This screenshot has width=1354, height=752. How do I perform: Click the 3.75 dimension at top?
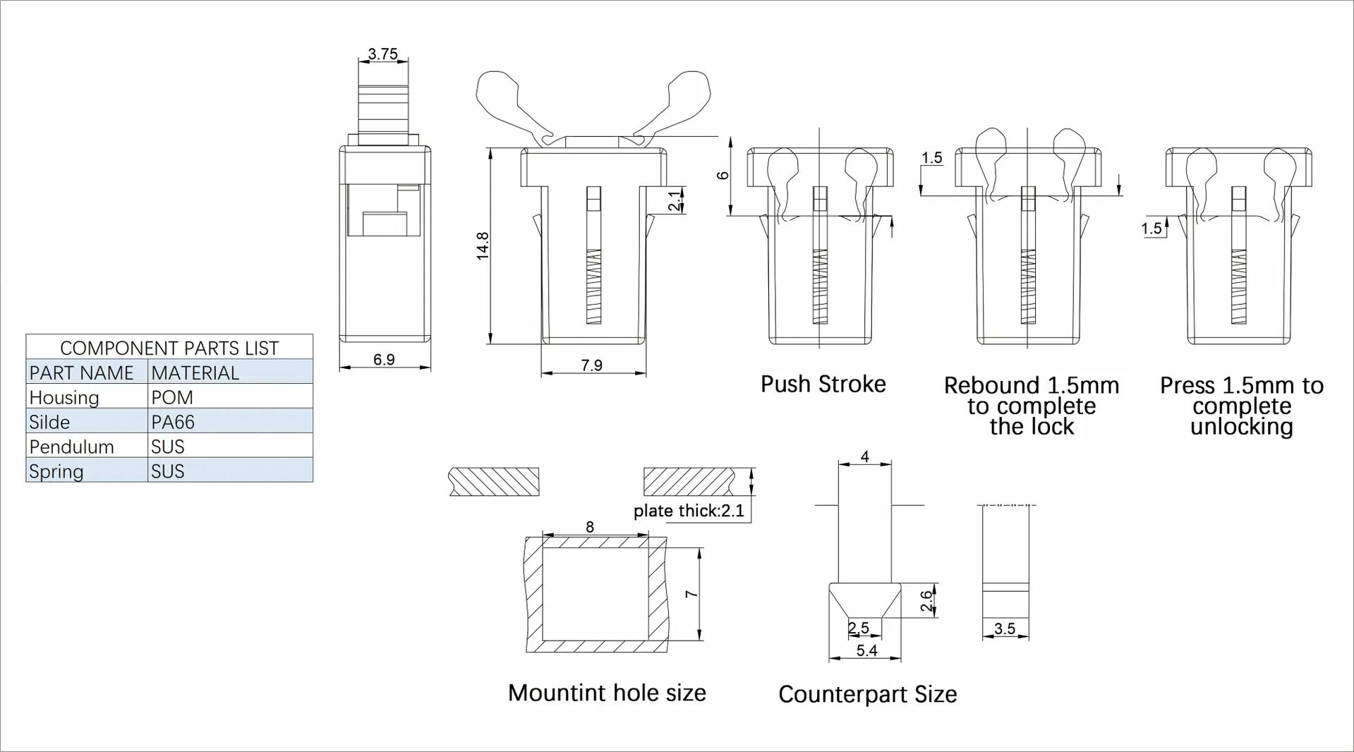click(383, 54)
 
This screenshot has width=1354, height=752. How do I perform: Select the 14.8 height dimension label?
click(483, 245)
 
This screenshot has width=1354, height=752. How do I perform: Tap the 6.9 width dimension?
click(384, 360)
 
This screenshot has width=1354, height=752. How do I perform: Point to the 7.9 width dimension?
click(591, 365)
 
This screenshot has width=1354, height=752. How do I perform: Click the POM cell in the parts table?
click(172, 397)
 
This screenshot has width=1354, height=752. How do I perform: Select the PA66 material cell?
click(173, 422)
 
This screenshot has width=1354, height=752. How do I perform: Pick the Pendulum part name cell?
click(72, 447)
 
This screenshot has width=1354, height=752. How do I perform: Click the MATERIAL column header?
click(195, 372)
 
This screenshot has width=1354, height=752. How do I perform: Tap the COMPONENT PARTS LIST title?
click(169, 348)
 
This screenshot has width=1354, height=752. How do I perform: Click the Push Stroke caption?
click(823, 384)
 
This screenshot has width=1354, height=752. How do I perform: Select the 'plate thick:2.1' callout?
click(689, 511)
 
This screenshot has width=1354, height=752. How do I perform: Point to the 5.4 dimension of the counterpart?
click(866, 650)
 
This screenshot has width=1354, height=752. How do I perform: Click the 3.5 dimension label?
click(1005, 629)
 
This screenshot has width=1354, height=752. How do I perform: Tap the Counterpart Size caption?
click(867, 694)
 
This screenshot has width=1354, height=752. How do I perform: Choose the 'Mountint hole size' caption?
click(607, 693)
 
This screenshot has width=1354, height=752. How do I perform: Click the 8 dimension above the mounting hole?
click(590, 527)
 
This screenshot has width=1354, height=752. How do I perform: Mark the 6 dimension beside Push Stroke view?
click(723, 175)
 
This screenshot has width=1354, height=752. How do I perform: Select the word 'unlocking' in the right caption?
click(1241, 427)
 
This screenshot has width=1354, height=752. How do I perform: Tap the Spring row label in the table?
click(56, 471)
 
